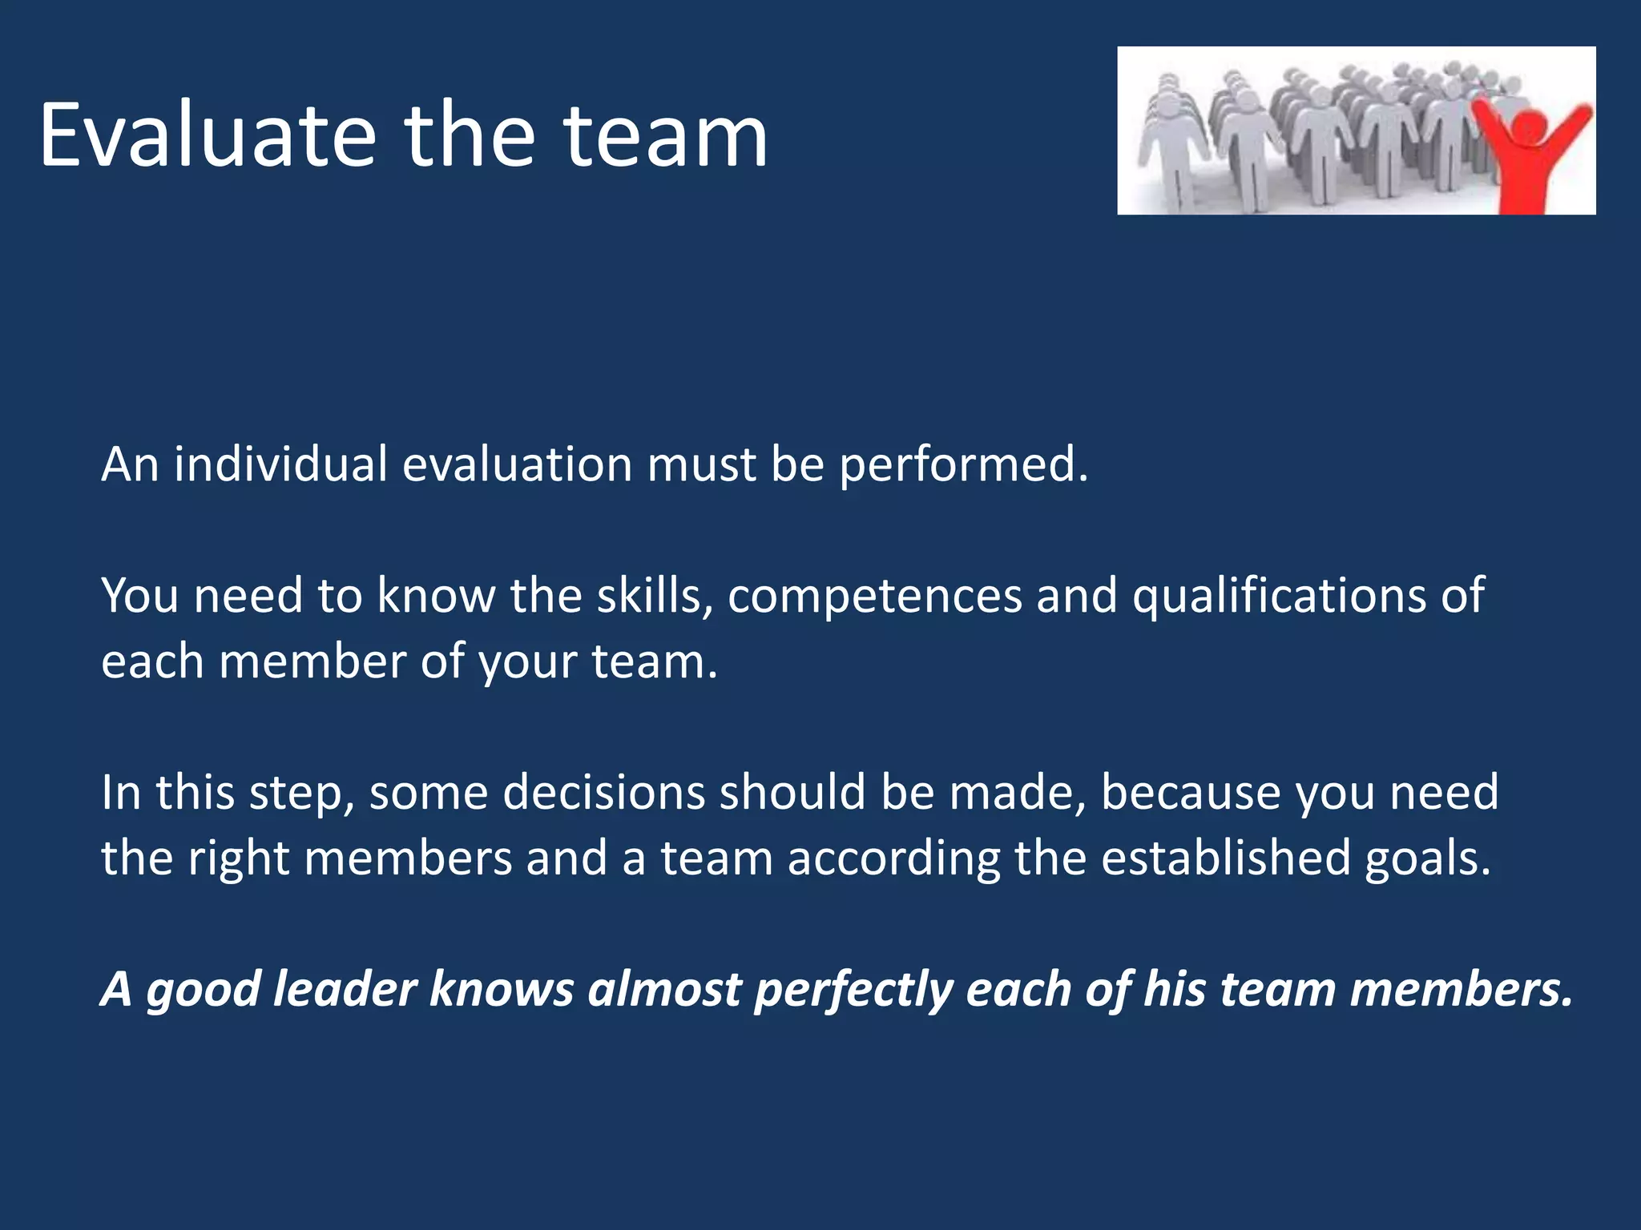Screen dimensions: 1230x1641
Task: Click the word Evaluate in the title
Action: click(207, 136)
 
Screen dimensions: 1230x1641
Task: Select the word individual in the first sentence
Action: click(280, 464)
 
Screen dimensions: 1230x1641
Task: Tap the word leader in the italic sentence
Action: click(345, 990)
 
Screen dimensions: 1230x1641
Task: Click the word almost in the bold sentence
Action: click(665, 990)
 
